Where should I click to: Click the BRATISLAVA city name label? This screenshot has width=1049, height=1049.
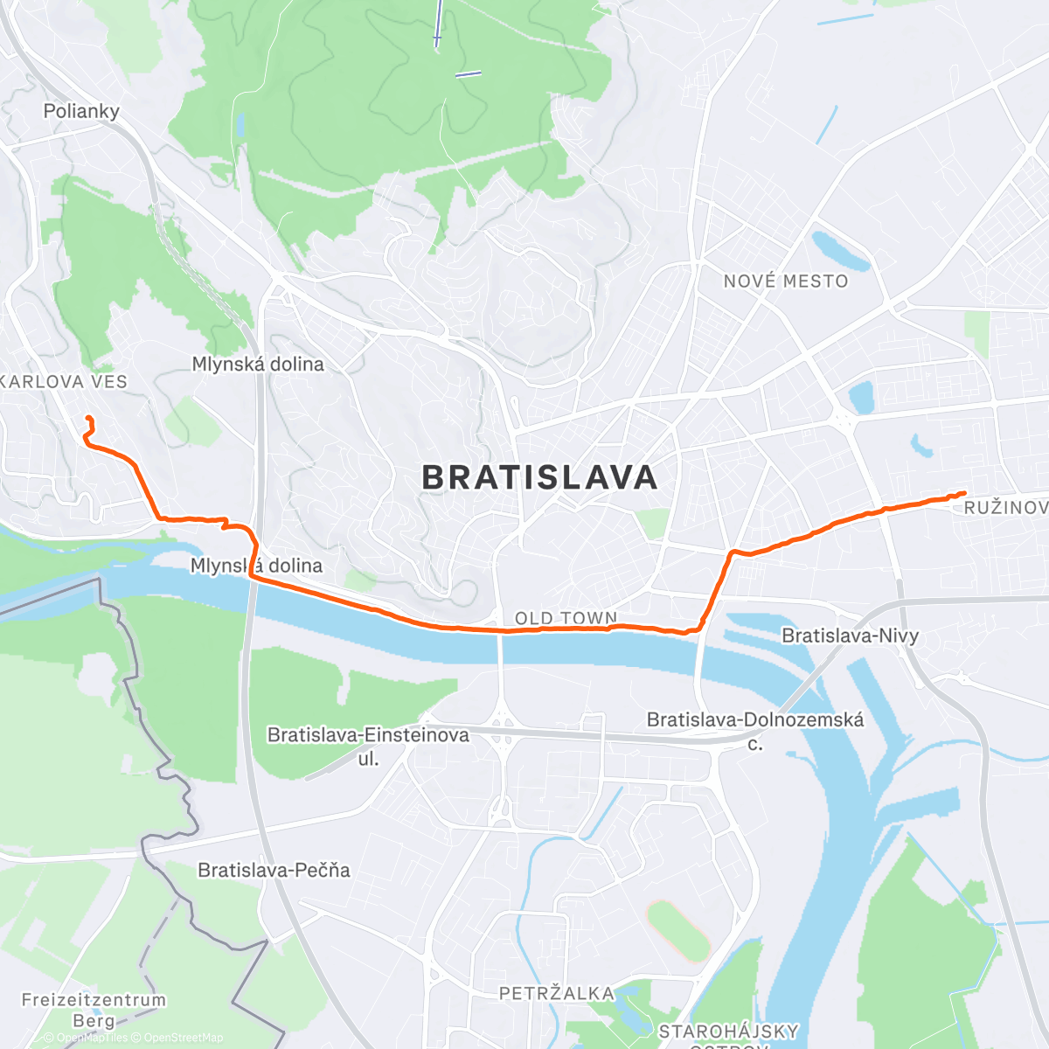coord(539,478)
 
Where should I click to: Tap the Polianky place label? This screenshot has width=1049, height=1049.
coord(81,111)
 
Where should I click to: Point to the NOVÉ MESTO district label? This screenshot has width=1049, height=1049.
coord(786,281)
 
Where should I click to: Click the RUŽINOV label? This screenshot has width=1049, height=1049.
coord(1005,508)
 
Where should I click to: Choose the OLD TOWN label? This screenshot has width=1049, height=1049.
coord(566,618)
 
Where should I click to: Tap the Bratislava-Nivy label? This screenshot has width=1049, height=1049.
coord(850,636)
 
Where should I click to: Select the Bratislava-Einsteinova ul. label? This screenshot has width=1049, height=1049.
coord(368,745)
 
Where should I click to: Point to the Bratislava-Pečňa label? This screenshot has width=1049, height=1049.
coord(274,870)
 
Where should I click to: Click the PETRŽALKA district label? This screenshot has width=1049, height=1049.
coord(556,993)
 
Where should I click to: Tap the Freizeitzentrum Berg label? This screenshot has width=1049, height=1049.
coord(94,1010)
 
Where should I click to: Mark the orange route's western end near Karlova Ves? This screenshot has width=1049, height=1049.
coord(87,420)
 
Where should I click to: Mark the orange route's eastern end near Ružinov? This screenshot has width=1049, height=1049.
coord(963,493)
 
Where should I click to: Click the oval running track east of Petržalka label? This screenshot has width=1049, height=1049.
coord(677,931)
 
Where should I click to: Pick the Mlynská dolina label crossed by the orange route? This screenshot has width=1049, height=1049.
coord(256,566)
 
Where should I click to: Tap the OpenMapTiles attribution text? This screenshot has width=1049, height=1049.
coord(87,1038)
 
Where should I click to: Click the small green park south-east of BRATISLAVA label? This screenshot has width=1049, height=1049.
coord(651,524)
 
